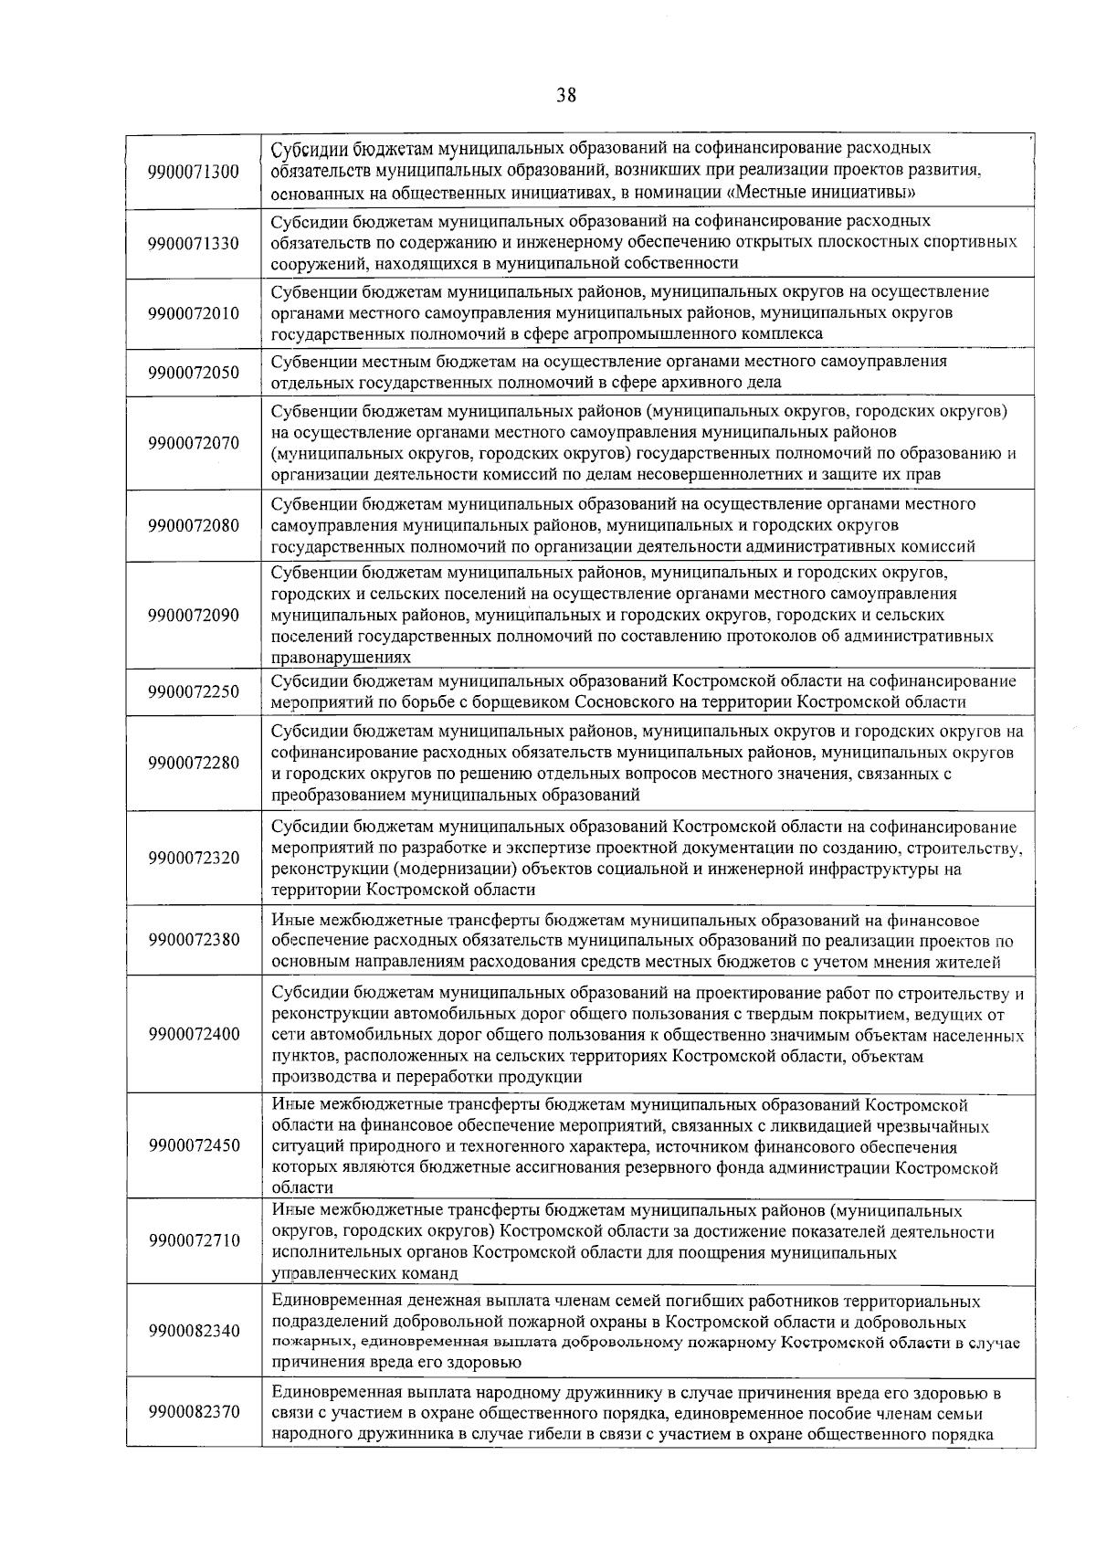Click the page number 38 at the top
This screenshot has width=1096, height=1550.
(565, 95)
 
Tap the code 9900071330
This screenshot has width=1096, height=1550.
(194, 243)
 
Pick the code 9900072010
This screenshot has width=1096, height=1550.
(194, 313)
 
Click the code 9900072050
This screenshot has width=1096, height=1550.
(194, 373)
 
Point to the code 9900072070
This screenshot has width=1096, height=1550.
(194, 443)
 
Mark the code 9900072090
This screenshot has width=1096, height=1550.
(194, 615)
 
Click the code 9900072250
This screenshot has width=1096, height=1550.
(194, 691)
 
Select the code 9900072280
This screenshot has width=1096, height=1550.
(194, 763)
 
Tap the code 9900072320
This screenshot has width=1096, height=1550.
(194, 858)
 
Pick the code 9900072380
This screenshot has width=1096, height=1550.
(194, 940)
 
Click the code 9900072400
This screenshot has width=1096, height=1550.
(194, 1034)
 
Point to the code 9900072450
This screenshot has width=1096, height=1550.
(194, 1145)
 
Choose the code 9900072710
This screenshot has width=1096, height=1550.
(194, 1240)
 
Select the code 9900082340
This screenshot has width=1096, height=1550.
(194, 1331)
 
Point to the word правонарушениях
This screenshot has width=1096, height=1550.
(341, 658)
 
